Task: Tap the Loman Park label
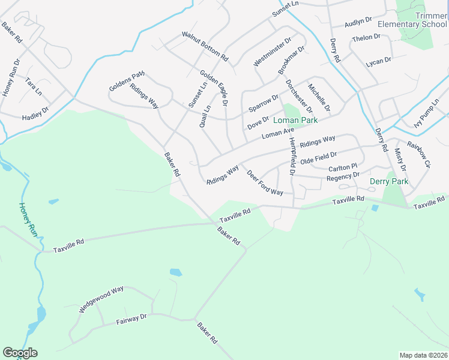coord(295,120)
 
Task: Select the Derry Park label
coord(389,181)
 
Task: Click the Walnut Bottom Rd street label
coord(205,46)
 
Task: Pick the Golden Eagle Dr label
coord(214,88)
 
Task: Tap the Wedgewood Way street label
coord(101,299)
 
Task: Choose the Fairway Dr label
coord(132,319)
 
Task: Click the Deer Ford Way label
coord(265,182)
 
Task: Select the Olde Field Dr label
coord(319,158)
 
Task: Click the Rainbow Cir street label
coord(419,154)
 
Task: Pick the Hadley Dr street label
coord(35,113)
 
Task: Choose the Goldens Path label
coord(127,81)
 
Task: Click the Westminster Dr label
coord(272,52)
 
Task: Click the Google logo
coord(19,353)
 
